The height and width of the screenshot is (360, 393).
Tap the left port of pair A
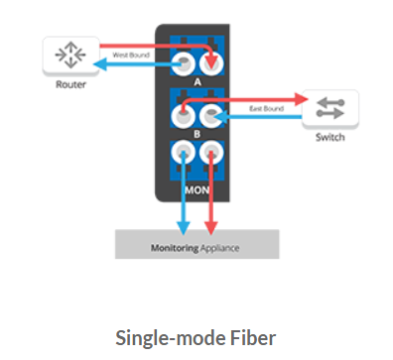pyautogui.click(x=183, y=65)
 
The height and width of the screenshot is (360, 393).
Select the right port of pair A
pyautogui.click(x=211, y=65)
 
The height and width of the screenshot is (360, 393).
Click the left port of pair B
pyautogui.click(x=183, y=117)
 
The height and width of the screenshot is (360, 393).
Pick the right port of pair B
pyautogui.click(x=211, y=117)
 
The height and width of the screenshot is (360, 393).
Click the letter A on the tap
pyautogui.click(x=196, y=83)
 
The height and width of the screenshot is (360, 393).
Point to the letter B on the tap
pyautogui.click(x=196, y=133)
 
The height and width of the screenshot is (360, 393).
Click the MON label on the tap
pyautogui.click(x=196, y=185)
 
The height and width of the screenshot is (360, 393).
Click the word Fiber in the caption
pyautogui.click(x=254, y=336)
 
